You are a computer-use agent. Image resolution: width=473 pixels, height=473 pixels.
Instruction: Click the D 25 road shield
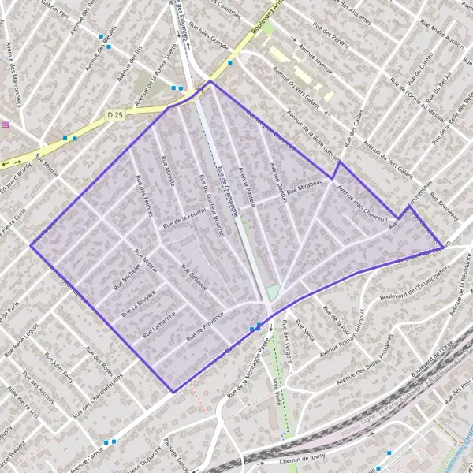[x=115, y=114]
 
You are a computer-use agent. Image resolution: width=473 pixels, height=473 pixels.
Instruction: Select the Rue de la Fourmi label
[x=184, y=218]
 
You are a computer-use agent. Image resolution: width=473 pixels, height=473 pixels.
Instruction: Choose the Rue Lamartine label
[x=159, y=324]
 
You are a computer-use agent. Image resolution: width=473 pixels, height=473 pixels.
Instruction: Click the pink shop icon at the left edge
[x=6, y=125]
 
